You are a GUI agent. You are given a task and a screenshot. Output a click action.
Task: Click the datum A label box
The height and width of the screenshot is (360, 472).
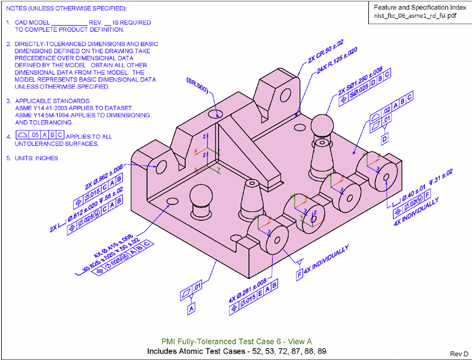(191, 309)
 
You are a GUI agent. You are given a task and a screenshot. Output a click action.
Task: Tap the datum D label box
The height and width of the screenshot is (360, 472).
(384, 139)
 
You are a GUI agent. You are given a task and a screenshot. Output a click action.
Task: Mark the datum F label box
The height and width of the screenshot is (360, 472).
(299, 274)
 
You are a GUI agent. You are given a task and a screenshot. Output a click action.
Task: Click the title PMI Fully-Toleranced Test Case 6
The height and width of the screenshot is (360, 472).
(236, 341)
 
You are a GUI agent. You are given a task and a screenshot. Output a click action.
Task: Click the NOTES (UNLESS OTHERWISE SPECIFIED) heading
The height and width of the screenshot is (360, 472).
(66, 10)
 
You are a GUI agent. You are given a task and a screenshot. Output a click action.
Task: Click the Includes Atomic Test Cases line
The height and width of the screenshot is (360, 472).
(236, 351)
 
